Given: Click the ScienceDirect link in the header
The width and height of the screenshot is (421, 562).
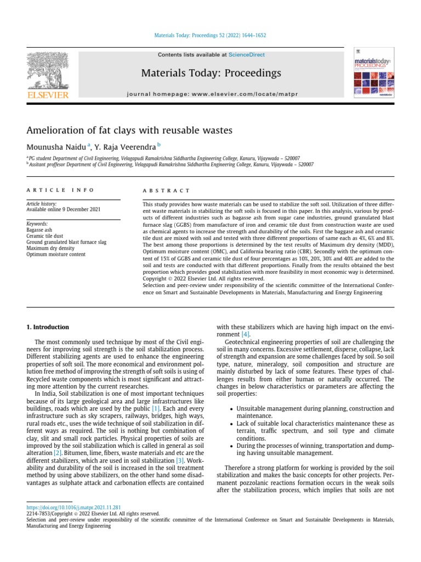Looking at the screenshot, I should (x=247, y=55).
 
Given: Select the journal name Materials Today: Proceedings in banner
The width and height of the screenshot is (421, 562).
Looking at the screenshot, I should (x=211, y=73).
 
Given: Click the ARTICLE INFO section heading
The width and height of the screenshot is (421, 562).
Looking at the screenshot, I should (x=60, y=190).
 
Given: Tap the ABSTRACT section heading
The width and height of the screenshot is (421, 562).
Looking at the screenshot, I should (x=166, y=190).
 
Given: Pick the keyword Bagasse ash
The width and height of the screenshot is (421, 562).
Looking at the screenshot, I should (x=41, y=230).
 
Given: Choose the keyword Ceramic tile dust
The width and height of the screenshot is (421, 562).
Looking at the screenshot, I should (x=46, y=236).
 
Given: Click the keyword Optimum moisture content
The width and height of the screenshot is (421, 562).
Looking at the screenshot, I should (x=56, y=254).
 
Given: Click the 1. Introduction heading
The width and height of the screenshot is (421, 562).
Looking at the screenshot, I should (x=48, y=327).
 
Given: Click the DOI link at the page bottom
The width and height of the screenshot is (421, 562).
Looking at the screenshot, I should (x=73, y=508).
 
